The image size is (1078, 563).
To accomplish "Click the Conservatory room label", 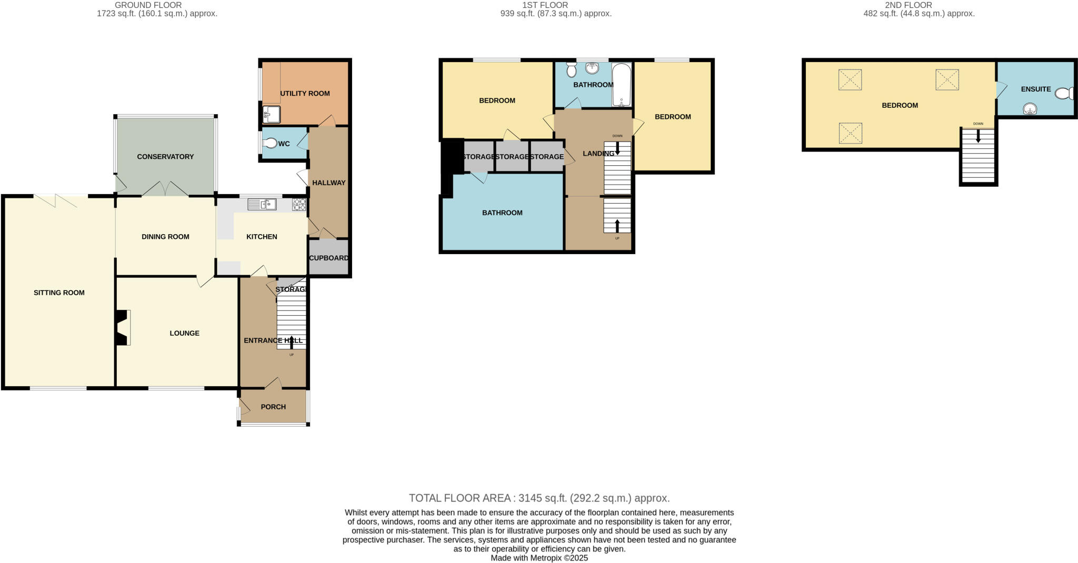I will (165, 157).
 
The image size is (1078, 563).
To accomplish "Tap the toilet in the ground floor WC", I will (270, 143).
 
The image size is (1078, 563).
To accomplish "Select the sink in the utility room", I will (271, 114).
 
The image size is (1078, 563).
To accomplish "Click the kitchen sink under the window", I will (262, 204).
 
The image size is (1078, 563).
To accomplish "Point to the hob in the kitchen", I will (300, 204).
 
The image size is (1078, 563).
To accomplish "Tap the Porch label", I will (273, 407).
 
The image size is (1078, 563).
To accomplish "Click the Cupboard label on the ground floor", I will (328, 258).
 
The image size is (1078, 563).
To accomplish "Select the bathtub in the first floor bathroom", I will (622, 85).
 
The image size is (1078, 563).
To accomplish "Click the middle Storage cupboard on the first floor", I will (512, 157).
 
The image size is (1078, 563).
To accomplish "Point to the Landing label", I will (598, 154).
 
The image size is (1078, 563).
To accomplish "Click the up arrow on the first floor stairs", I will (617, 226).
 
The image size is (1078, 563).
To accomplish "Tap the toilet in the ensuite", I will (1064, 94).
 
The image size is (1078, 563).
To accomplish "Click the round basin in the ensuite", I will (1030, 109).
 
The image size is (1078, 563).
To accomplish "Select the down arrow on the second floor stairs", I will (978, 136).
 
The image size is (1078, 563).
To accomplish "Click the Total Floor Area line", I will (539, 498).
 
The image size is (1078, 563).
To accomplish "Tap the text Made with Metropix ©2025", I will (539, 558).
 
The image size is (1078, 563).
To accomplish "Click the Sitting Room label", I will (59, 293).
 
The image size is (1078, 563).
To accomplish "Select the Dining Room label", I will (165, 237).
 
